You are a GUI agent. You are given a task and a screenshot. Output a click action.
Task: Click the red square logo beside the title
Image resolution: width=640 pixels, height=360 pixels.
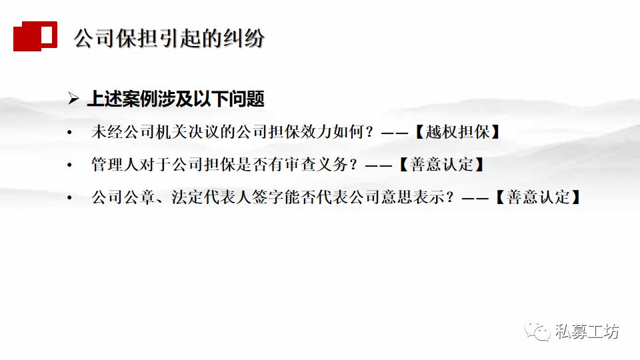35,35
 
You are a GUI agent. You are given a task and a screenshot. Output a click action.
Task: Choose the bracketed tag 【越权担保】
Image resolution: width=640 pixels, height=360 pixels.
457,131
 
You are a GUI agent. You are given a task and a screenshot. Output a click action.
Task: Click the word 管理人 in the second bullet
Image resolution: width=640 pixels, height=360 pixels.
115,164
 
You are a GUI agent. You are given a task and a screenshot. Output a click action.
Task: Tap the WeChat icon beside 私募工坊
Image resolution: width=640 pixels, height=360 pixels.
537,331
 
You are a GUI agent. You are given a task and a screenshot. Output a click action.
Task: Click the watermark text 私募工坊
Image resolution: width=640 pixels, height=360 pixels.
587,331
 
